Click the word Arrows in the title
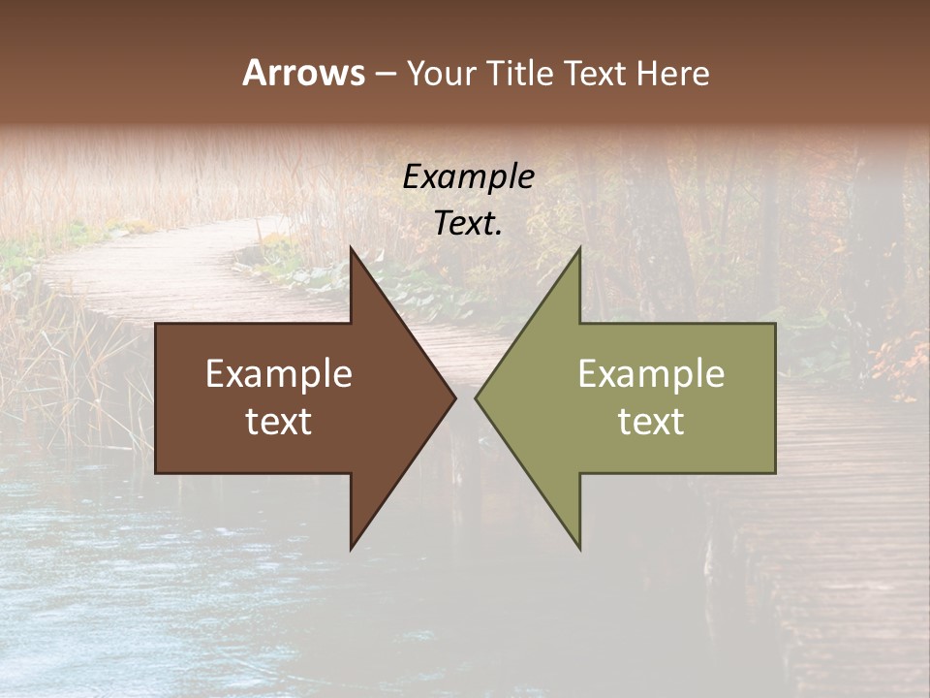coord(302,73)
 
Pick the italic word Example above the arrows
coord(468,177)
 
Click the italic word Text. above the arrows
coord(468,224)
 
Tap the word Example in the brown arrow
coord(279,374)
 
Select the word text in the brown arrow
coord(279,421)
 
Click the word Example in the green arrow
coord(651,374)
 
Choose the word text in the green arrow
coord(651,421)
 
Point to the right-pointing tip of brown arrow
coord(455,397)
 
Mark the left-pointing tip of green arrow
coord(476,397)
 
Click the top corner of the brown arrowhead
coord(351,248)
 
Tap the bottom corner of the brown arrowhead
coord(351,549)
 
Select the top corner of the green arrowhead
coord(580,248)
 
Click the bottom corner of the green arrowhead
coord(580,549)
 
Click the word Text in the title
coord(596,74)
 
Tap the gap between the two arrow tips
coord(466,397)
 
